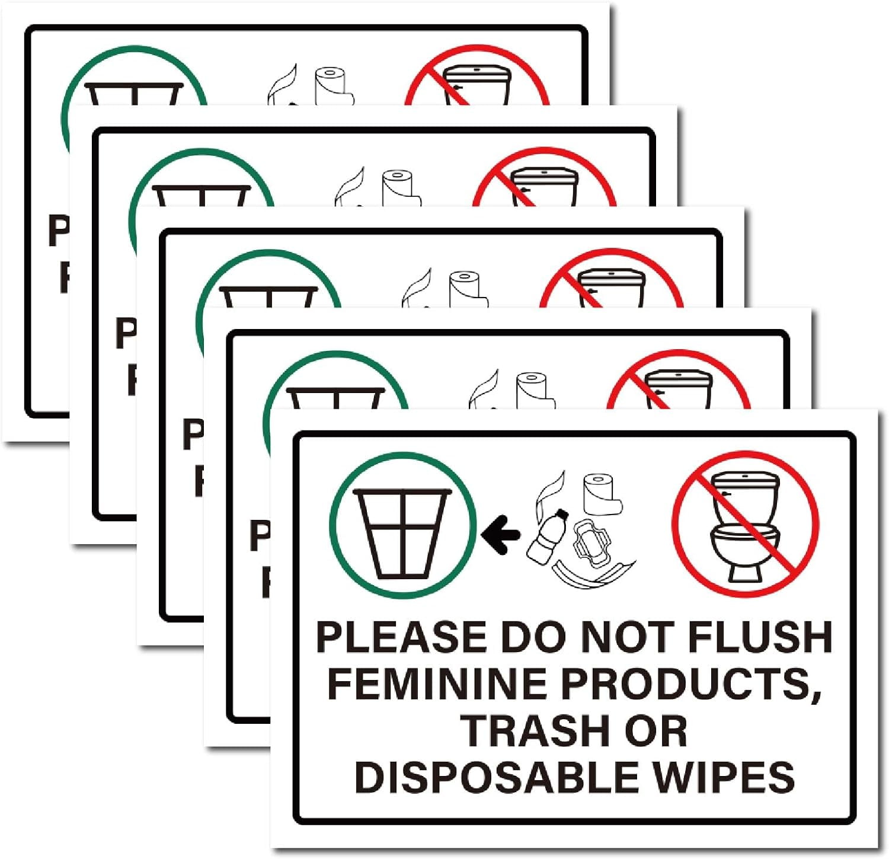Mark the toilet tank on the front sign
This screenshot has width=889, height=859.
[x=744, y=489]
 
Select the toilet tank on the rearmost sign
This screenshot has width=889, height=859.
[x=478, y=83]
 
